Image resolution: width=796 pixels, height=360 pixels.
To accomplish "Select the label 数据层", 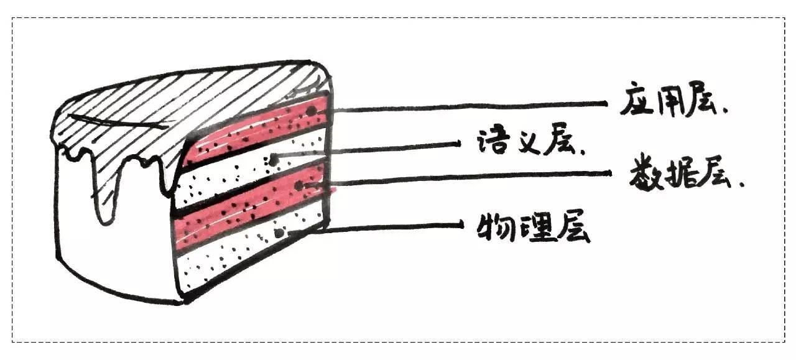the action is point(684,178).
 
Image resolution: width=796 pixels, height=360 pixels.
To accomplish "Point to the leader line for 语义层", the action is point(373,149).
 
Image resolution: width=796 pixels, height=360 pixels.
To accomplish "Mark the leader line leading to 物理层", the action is point(386,227).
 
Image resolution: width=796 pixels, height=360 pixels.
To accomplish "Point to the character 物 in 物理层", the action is point(492,228).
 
